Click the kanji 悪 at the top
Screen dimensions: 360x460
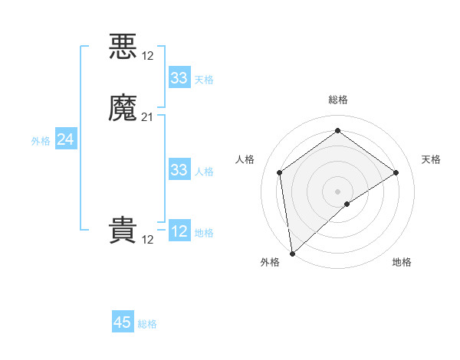click(x=123, y=46)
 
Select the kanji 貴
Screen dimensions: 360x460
click(x=123, y=231)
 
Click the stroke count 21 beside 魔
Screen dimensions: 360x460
click(x=148, y=117)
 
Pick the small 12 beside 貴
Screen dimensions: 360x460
click(x=148, y=239)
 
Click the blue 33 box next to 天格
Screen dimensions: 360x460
click(x=179, y=78)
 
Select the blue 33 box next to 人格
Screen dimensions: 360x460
click(x=179, y=170)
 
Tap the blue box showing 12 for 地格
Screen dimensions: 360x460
click(x=179, y=231)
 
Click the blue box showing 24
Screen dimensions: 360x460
click(x=65, y=139)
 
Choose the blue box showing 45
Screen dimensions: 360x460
click(x=123, y=322)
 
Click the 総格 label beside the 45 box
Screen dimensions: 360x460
click(x=147, y=324)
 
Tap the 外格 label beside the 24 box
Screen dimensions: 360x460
click(x=41, y=141)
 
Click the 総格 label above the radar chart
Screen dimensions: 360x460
click(x=337, y=100)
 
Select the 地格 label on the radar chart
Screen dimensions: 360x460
click(x=402, y=262)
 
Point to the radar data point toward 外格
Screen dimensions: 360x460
click(x=292, y=253)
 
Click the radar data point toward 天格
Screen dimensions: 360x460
click(x=396, y=172)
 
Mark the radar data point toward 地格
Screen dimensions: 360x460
click(x=347, y=204)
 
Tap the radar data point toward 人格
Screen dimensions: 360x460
click(x=279, y=172)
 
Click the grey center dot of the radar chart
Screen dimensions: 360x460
click(x=337, y=191)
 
